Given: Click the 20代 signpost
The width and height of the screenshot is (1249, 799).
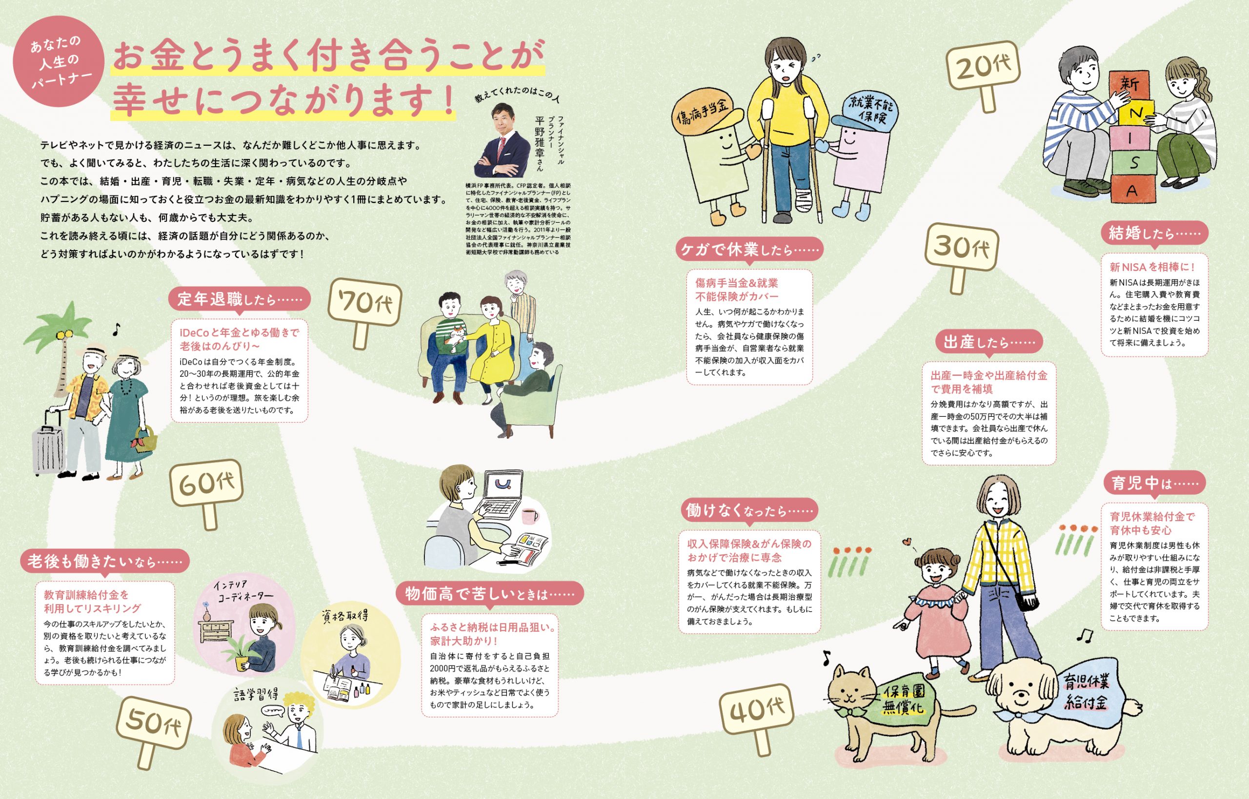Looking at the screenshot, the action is click(x=983, y=73).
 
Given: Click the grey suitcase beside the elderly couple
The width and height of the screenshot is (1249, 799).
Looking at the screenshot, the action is click(x=49, y=442).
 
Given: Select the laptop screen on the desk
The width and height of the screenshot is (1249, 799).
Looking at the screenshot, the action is click(x=503, y=488).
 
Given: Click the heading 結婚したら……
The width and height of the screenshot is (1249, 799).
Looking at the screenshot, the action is click(x=1154, y=234).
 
